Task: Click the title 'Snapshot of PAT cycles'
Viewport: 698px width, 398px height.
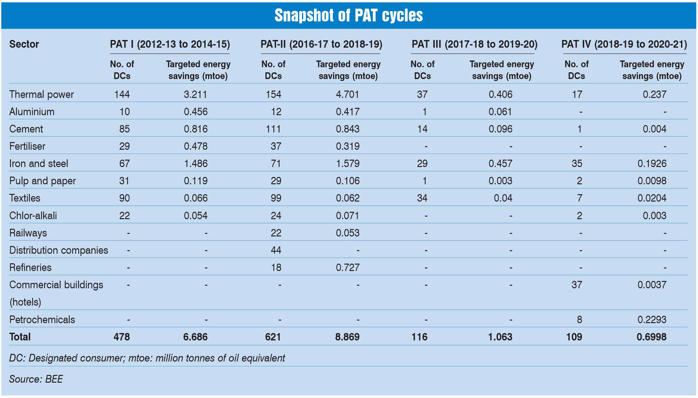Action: coord(349,15)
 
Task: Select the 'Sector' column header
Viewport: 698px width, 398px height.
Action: coord(24,44)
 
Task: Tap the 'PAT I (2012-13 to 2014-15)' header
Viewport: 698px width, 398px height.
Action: coord(170,44)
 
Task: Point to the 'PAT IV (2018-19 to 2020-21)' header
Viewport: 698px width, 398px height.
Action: coord(624,44)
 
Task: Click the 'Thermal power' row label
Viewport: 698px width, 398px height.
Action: coord(41,94)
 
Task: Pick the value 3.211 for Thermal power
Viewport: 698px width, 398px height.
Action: coord(195,94)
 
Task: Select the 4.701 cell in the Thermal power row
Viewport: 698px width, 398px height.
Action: coord(347,94)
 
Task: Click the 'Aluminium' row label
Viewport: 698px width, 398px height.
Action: coord(32,112)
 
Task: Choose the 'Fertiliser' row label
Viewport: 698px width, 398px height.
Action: coord(27,146)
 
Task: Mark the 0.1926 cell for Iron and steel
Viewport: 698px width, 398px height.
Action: coord(652,163)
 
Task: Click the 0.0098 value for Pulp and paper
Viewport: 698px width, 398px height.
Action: coord(652,181)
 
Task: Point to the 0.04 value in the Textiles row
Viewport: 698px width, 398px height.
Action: coord(503,198)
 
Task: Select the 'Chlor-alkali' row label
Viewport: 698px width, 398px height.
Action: coord(33,216)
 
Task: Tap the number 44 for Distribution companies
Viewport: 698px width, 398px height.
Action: coord(276,250)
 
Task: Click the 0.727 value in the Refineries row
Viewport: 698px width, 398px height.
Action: coord(348,267)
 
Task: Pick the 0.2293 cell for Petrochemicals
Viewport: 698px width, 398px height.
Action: coord(652,320)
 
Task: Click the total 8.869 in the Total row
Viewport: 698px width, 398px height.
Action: coord(347,337)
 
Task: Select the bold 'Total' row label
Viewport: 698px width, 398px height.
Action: coord(20,337)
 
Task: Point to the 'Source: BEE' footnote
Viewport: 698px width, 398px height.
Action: coord(36,379)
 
